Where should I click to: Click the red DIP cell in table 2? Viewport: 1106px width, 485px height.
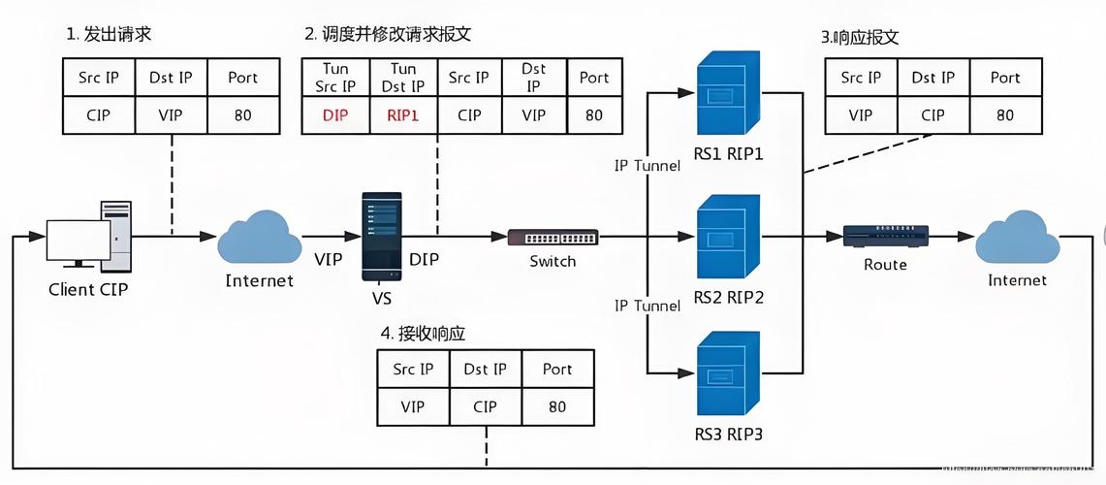click(334, 115)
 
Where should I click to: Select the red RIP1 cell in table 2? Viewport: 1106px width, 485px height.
click(402, 115)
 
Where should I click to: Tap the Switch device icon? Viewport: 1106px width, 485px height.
click(553, 237)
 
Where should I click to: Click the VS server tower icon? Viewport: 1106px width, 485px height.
click(381, 237)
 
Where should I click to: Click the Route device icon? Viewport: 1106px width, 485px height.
click(885, 236)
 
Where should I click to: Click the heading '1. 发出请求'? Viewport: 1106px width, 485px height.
click(109, 35)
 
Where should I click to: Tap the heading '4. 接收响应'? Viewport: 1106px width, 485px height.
click(423, 333)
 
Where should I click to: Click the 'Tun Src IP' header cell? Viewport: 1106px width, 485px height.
click(334, 77)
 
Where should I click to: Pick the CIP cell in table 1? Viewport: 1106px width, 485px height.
click(98, 115)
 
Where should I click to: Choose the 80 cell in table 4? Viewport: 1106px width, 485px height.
click(556, 406)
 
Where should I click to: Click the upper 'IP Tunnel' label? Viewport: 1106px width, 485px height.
click(647, 166)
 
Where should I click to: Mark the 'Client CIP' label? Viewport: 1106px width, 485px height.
click(88, 289)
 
